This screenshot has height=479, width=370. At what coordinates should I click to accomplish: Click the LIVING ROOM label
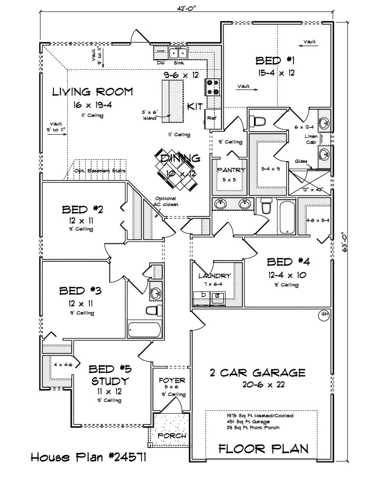point(92,92)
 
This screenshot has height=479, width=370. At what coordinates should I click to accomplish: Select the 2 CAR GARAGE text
point(258,372)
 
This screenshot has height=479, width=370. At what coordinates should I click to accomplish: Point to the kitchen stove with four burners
point(213,87)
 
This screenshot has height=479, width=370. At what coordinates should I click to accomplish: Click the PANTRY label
point(231,170)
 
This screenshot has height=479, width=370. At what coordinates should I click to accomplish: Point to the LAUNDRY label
point(214,276)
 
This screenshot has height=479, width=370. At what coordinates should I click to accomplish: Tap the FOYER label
point(172,381)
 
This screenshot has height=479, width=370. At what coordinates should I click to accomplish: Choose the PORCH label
point(172,436)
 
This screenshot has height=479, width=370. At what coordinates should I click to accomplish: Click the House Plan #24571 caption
point(88,458)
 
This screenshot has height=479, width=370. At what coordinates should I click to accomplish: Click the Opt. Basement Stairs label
point(100,171)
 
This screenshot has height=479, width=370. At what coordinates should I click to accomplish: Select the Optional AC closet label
point(166,201)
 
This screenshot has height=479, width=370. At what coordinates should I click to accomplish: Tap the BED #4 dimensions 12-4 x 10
point(288,275)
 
